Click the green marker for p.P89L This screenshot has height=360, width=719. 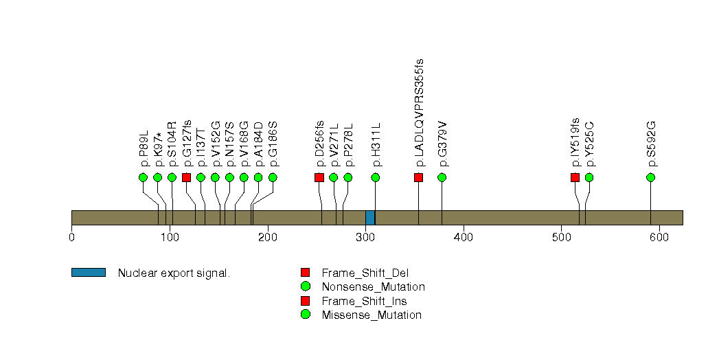(x=143, y=177)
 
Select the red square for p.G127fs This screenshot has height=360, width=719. (x=186, y=177)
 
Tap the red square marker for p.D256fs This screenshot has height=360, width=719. (x=319, y=177)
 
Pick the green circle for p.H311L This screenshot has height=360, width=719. (x=376, y=177)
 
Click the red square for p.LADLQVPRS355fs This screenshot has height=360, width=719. (x=418, y=177)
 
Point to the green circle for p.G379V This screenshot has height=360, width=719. (x=442, y=177)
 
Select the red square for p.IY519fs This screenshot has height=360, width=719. (x=575, y=177)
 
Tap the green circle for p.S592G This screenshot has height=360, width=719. (x=650, y=177)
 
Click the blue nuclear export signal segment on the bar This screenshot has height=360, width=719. (x=370, y=217)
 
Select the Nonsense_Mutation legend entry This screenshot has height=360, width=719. (x=373, y=286)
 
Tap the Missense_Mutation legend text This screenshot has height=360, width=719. (x=372, y=315)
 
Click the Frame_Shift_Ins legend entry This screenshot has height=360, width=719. (x=369, y=301)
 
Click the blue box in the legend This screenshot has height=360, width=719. (x=88, y=273)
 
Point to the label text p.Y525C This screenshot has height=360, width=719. (x=589, y=144)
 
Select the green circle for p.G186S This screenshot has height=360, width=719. (x=273, y=177)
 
